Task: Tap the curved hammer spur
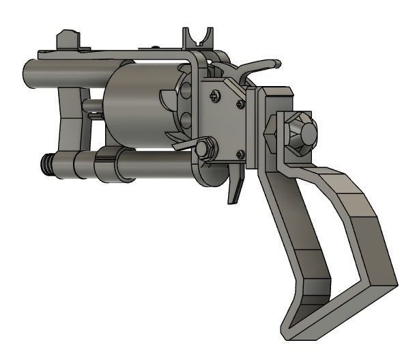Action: click(263, 65)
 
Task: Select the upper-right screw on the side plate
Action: click(240, 104)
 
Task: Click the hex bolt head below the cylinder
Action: click(203, 148)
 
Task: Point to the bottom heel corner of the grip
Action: click(290, 328)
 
